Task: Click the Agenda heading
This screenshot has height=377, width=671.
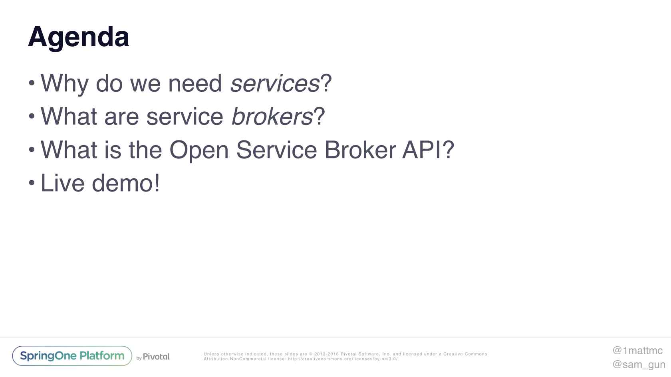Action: point(78,38)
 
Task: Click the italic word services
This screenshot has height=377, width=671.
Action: point(275,83)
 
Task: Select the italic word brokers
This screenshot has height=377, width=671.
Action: point(272,116)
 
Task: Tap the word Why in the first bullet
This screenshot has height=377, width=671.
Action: point(64,84)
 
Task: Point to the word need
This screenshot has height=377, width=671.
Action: point(195,83)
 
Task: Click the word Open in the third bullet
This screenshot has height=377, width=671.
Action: point(199,151)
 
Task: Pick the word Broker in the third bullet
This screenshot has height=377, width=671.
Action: point(360,150)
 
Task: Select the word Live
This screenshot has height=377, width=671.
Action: point(62,183)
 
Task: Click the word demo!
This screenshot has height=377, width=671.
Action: point(126,183)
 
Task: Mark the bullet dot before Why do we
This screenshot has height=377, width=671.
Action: point(32,83)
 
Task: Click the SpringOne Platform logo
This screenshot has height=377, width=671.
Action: point(72,356)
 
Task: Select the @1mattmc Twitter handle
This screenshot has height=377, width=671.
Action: point(637,350)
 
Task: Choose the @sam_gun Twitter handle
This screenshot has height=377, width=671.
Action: point(639,365)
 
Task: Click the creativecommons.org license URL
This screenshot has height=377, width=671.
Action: point(343,359)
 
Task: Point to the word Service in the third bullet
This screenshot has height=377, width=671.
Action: point(276,150)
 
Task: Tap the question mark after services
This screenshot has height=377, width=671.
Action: point(326,83)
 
